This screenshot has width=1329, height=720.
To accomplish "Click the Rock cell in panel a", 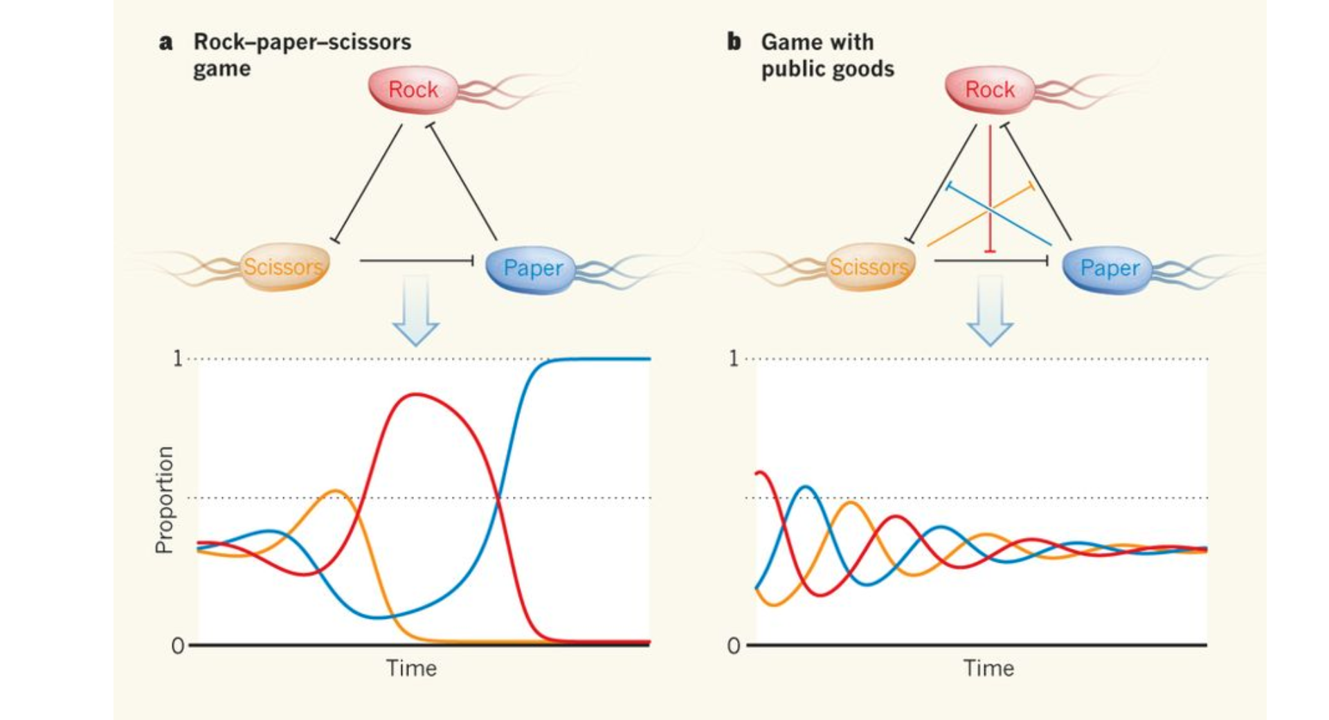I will pyautogui.click(x=413, y=89).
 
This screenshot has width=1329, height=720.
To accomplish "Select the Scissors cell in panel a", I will pyautogui.click(x=284, y=267).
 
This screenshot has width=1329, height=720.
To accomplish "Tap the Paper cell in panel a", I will pyautogui.click(x=532, y=268).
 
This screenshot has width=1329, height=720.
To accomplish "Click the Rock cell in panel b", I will pyautogui.click(x=990, y=89).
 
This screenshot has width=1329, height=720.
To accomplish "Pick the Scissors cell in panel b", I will pyautogui.click(x=869, y=267).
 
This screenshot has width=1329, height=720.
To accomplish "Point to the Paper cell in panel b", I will pyautogui.click(x=1107, y=268).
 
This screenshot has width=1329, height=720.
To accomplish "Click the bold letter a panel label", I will pyautogui.click(x=165, y=42).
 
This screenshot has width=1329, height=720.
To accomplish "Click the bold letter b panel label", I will pyautogui.click(x=734, y=42).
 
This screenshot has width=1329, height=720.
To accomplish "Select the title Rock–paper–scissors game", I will pyautogui.click(x=302, y=55).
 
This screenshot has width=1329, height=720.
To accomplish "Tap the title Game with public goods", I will pyautogui.click(x=827, y=55).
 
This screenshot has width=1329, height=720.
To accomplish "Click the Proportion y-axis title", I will pyautogui.click(x=164, y=499).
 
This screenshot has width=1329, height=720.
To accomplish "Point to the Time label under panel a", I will pyautogui.click(x=411, y=668).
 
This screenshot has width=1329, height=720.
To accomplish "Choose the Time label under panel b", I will pyautogui.click(x=988, y=668).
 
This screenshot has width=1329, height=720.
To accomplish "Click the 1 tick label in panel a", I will pyautogui.click(x=178, y=359).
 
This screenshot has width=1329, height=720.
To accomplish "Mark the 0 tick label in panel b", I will pyautogui.click(x=734, y=646).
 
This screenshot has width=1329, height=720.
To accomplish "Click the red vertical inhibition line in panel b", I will pyautogui.click(x=990, y=187).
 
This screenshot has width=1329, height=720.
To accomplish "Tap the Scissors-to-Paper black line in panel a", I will pyautogui.click(x=415, y=260).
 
